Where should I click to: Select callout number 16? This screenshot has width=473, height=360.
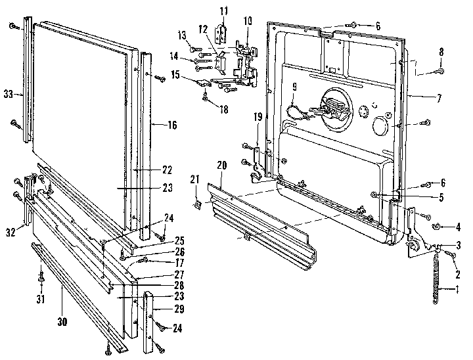(171, 124)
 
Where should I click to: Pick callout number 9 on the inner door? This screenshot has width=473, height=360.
(294, 86)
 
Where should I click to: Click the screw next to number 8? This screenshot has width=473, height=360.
(440, 71)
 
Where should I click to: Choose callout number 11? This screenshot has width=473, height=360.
(223, 11)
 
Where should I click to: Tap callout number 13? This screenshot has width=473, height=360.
(182, 34)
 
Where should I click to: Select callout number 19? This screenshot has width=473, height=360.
(258, 117)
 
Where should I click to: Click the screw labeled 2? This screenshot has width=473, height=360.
(451, 254)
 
